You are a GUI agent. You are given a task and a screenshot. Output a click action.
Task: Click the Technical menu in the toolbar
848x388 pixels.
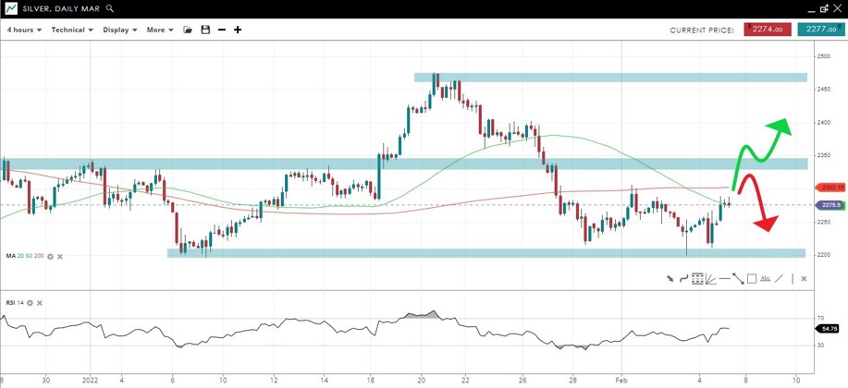tap(72, 30)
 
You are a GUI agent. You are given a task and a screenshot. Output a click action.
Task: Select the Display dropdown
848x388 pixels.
tap(119, 30)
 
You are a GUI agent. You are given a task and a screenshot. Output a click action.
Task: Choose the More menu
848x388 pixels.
tap(159, 30)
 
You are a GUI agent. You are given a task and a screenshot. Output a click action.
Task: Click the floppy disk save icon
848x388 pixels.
tap(205, 30)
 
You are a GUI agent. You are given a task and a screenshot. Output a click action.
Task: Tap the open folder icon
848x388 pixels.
tap(188, 30)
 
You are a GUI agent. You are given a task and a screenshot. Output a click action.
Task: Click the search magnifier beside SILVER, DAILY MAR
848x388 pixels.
tap(111, 8)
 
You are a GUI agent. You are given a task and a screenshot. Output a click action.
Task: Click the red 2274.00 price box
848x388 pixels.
tap(767, 30)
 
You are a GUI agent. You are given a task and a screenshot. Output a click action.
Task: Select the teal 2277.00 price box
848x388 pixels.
tap(820, 30)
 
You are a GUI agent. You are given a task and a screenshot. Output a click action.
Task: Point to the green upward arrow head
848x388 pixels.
tap(781, 127)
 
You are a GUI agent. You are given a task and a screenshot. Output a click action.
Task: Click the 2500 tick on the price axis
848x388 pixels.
tap(823, 56)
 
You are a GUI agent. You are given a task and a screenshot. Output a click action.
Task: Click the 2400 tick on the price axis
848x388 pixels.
tap(823, 123)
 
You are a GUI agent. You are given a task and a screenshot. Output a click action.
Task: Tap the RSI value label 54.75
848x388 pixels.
tap(827, 329)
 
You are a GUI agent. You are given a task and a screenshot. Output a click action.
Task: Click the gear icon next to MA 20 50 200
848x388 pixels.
tap(50, 256)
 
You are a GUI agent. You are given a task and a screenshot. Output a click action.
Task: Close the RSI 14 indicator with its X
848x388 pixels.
tap(40, 303)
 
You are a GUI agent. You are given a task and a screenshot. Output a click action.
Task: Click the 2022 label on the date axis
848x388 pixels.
tap(90, 379)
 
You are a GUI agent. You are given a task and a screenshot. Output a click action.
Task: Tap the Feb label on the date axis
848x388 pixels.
tap(622, 379)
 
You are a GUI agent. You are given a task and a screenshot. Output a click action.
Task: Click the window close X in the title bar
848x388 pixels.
tap(838, 8)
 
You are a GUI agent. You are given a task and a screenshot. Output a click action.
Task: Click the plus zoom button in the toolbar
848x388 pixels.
tap(238, 30)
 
